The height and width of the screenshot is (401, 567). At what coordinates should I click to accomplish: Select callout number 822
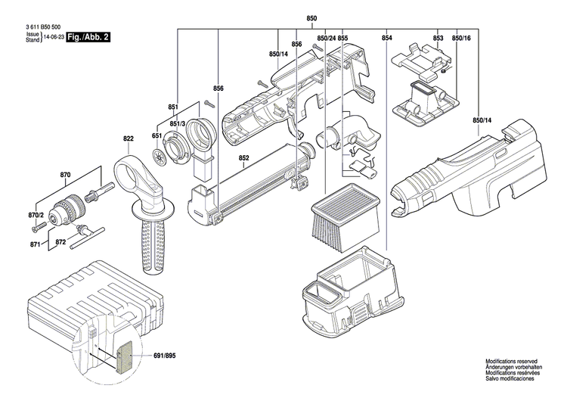[129, 138]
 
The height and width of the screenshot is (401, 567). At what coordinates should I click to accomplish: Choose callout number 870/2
[36, 216]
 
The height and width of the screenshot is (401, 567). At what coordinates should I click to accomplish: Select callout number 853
[438, 38]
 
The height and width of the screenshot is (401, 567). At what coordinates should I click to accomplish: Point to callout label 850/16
[460, 38]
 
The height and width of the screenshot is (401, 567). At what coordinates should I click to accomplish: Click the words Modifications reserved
[512, 364]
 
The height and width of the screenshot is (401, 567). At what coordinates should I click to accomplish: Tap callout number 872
[60, 244]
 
